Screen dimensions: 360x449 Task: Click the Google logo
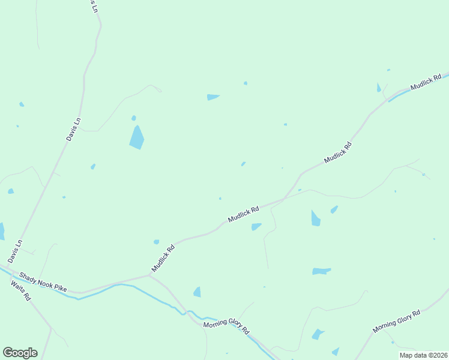[20, 353]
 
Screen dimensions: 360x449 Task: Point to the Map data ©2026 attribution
[423, 355]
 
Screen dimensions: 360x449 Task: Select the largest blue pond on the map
[137, 138]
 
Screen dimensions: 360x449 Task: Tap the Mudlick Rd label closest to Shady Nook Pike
[163, 257]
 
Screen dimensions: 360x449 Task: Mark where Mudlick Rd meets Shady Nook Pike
[149, 275]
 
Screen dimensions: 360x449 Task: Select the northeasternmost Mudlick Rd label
[426, 82]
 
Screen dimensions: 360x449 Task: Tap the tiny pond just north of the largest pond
[134, 118]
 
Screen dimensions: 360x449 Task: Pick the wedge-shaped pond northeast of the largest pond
[212, 97]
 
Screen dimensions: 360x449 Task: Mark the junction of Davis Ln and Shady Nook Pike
[8, 264]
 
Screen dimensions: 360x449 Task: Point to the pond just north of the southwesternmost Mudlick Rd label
[156, 242]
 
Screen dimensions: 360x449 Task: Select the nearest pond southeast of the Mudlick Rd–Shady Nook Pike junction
[197, 292]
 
